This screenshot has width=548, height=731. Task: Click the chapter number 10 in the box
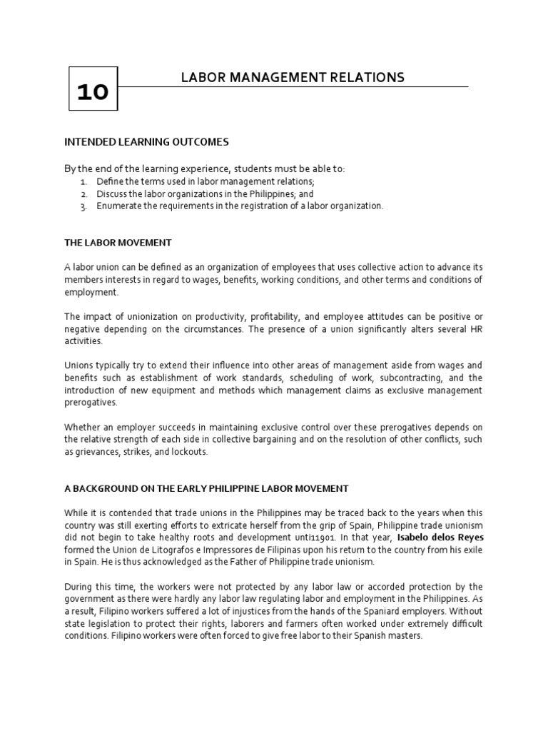pos(93,92)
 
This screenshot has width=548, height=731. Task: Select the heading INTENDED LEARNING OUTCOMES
pos(146,142)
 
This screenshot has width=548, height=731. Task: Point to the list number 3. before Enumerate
pos(83,206)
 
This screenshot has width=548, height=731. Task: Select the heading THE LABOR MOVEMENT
pos(118,243)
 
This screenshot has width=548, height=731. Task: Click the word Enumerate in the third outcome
pos(121,206)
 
